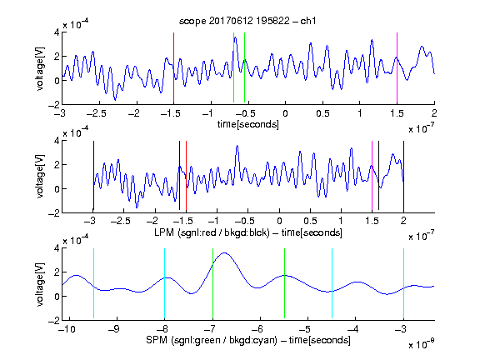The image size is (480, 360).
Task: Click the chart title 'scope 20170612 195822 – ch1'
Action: [247, 21]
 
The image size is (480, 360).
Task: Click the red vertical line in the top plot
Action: [173, 67]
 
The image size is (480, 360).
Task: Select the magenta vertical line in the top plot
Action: [397, 67]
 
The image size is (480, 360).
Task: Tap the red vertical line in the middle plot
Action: [186, 176]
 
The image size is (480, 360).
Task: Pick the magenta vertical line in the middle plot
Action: [372, 176]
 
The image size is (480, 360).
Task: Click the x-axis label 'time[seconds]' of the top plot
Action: [248, 124]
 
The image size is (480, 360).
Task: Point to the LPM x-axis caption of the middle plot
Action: [248, 232]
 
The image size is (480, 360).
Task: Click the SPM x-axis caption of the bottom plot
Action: [248, 340]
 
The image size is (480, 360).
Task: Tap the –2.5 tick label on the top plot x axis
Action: [96, 113]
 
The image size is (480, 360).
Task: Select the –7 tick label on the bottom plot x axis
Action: [209, 329]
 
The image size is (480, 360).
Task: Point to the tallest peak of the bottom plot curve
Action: [225, 252]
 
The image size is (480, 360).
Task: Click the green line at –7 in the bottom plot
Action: [212, 283]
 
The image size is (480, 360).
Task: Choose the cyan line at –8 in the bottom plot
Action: [165, 283]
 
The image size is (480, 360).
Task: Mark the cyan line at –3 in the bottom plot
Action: [403, 283]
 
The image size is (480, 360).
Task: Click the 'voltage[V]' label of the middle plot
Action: [40, 176]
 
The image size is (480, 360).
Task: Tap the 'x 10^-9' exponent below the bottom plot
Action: [421, 343]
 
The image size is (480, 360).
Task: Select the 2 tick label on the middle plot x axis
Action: [403, 221]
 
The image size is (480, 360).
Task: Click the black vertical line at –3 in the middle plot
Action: [93, 176]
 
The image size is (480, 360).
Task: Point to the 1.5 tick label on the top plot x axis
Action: [397, 113]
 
